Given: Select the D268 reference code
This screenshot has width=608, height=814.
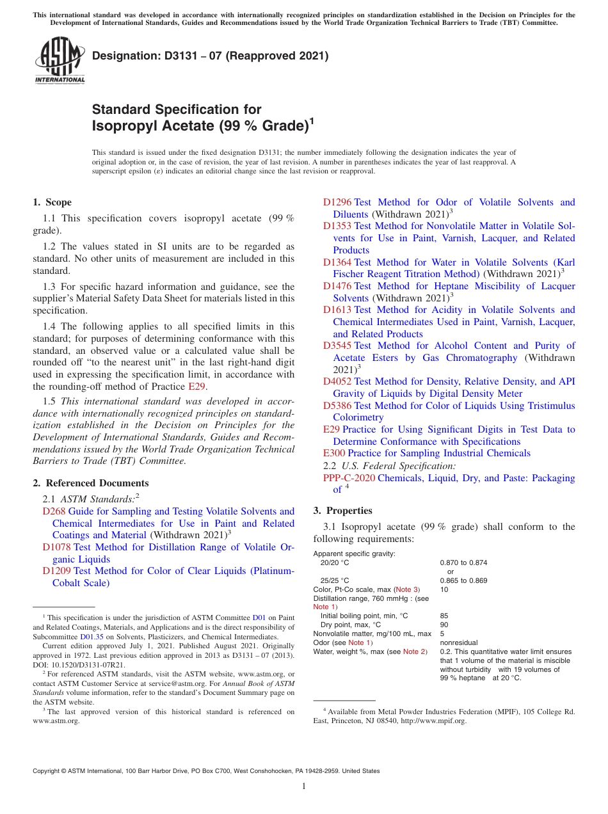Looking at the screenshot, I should pos(54,511).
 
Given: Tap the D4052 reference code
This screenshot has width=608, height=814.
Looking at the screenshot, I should pos(337,381).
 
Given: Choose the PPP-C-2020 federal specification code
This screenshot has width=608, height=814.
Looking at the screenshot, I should pos(349,478).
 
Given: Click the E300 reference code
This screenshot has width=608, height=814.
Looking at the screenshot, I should pos(334,453).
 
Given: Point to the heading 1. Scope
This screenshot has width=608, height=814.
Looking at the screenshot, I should pos(52,202).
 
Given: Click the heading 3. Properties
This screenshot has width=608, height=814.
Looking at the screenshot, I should pos(342,511).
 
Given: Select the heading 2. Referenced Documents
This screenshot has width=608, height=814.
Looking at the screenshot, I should pos(90,483).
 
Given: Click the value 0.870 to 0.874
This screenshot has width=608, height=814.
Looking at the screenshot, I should pos(463,563).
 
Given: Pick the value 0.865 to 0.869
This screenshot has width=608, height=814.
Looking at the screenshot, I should pos(463,580).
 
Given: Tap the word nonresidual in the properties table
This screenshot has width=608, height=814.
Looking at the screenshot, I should pos(459,642).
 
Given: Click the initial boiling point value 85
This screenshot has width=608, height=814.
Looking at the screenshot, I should pos(444,616).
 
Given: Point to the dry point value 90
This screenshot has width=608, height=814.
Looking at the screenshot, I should pos(444,625).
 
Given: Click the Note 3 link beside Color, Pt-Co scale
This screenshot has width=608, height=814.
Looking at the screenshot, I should pos(406,589).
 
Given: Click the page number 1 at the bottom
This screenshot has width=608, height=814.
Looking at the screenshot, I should pos(304,786).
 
